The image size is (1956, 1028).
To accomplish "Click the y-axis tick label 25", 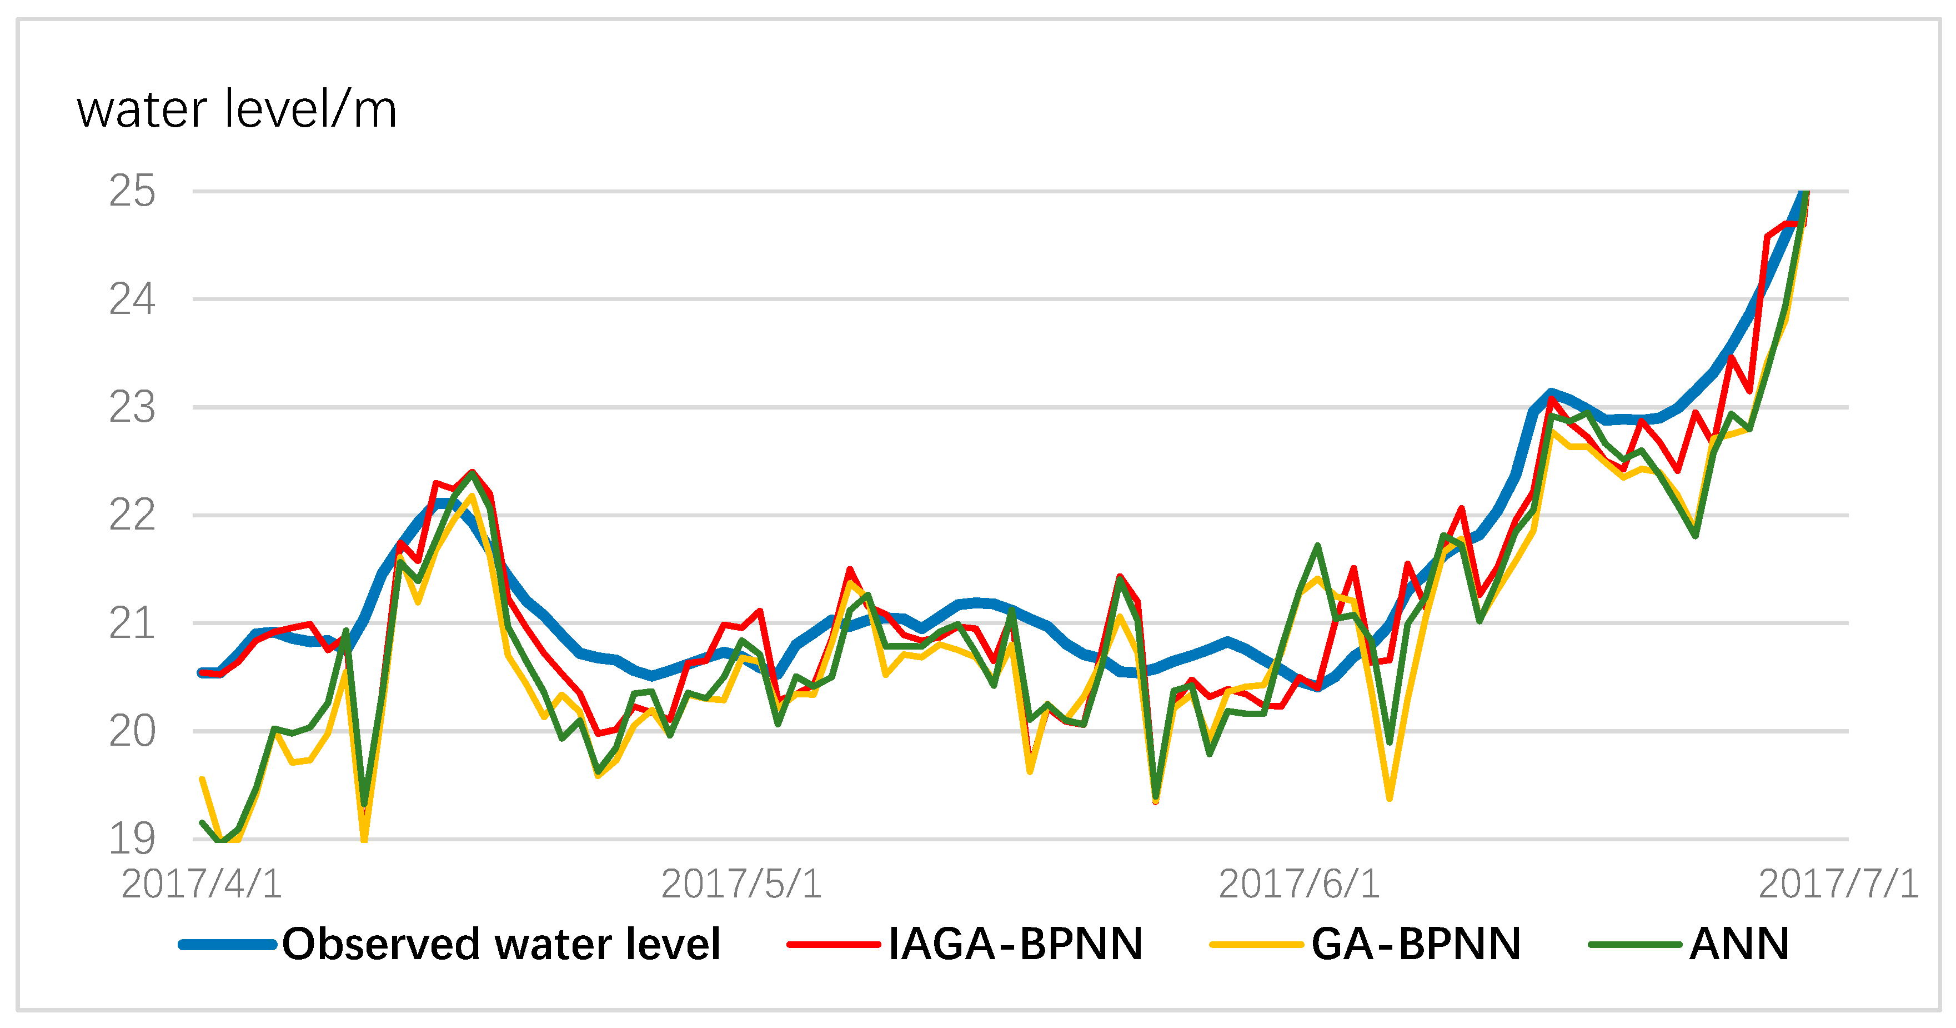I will [x=132, y=192].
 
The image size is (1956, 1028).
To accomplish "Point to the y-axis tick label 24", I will [x=132, y=300].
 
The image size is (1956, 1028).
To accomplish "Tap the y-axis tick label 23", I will [x=132, y=408].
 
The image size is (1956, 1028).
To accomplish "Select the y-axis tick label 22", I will [x=132, y=516].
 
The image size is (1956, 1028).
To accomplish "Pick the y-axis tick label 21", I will [x=132, y=625].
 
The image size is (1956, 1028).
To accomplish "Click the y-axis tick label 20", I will [x=132, y=732].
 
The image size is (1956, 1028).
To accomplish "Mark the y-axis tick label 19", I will [x=132, y=840].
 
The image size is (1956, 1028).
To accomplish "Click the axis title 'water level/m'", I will [x=237, y=110].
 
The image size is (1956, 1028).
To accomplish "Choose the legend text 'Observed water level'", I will [x=501, y=945].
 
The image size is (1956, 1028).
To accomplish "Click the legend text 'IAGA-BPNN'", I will [x=1015, y=945].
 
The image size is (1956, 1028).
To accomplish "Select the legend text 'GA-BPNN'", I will [x=1416, y=945].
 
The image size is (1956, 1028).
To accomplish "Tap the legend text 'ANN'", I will [x=1739, y=945].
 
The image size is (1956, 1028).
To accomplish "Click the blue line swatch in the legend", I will [x=227, y=945].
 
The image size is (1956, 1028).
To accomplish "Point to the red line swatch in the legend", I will [x=833, y=945].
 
